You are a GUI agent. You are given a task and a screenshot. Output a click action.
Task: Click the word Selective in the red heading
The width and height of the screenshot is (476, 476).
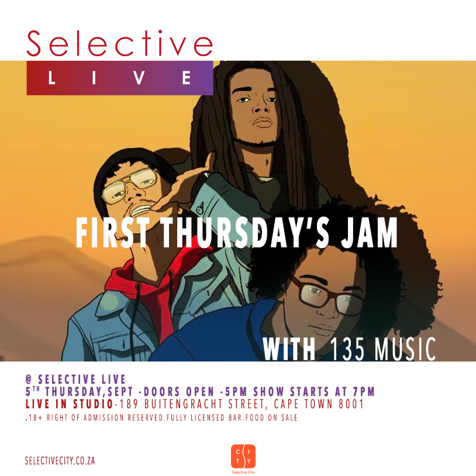[120, 43]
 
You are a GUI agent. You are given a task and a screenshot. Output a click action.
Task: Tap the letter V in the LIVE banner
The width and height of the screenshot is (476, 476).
[139, 78]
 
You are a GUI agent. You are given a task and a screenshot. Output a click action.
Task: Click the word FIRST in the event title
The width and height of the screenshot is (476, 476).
[112, 233]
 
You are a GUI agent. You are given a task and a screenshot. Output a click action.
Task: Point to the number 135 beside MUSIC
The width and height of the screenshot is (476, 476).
[347, 349]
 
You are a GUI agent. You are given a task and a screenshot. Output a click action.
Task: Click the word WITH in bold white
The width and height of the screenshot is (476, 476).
[289, 349]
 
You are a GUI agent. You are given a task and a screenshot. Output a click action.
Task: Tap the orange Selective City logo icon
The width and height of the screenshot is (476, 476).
[243, 456]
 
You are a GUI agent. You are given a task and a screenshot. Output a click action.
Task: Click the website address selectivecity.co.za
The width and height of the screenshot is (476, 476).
[60, 461]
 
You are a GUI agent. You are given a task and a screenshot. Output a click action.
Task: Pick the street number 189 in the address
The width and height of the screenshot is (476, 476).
[128, 404]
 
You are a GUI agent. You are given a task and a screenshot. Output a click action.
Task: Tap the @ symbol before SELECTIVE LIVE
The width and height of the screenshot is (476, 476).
[29, 380]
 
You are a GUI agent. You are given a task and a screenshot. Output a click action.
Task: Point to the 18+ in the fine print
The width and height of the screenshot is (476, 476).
[35, 418]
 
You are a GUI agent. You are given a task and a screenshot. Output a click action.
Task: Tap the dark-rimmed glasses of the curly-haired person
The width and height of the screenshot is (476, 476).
[327, 296]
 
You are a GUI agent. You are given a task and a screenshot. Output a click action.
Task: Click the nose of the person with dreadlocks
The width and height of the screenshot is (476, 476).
[260, 107]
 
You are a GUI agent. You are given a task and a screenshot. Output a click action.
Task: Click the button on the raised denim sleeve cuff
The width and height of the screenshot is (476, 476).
[200, 209]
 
